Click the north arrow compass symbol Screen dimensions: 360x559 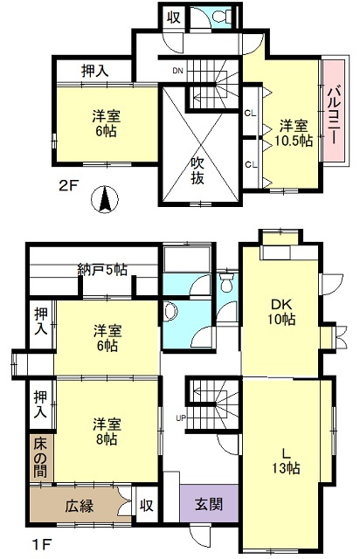[105, 200]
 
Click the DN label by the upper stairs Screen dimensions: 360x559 [177, 71]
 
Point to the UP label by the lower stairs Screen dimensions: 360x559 [181, 418]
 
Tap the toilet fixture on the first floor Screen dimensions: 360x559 [225, 282]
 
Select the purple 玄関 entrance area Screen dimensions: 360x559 [209, 504]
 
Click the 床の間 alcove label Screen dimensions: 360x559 [40, 458]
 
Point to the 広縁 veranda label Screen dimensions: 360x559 [80, 506]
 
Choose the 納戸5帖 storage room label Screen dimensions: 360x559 [102, 270]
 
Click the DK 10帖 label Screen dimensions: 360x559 [282, 312]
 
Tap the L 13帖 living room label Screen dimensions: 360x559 [286, 461]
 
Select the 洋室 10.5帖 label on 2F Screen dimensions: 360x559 [294, 134]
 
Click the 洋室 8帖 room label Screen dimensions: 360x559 [107, 431]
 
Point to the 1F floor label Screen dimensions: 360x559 [42, 544]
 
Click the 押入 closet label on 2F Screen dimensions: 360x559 [94, 72]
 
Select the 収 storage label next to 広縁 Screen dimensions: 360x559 [146, 505]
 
